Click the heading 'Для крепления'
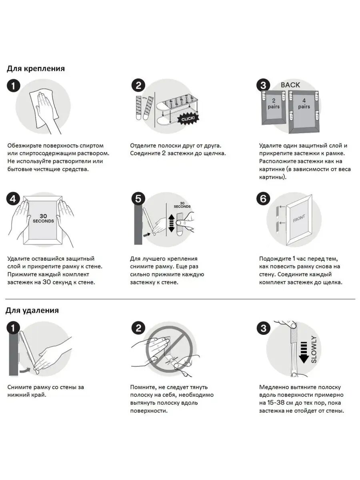(x=36, y=69)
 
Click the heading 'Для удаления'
(x=32, y=310)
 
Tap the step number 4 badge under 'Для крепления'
(x=13, y=199)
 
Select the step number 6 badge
(x=263, y=199)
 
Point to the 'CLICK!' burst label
(x=188, y=119)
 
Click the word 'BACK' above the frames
(x=290, y=85)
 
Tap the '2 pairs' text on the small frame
(x=274, y=104)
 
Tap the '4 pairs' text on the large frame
(x=304, y=104)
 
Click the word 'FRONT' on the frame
(x=299, y=218)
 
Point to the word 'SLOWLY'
(x=314, y=350)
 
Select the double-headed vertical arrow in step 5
(x=171, y=223)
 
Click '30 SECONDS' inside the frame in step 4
(x=43, y=218)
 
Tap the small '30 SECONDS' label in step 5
(x=182, y=205)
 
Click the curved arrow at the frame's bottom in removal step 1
(x=24, y=370)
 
